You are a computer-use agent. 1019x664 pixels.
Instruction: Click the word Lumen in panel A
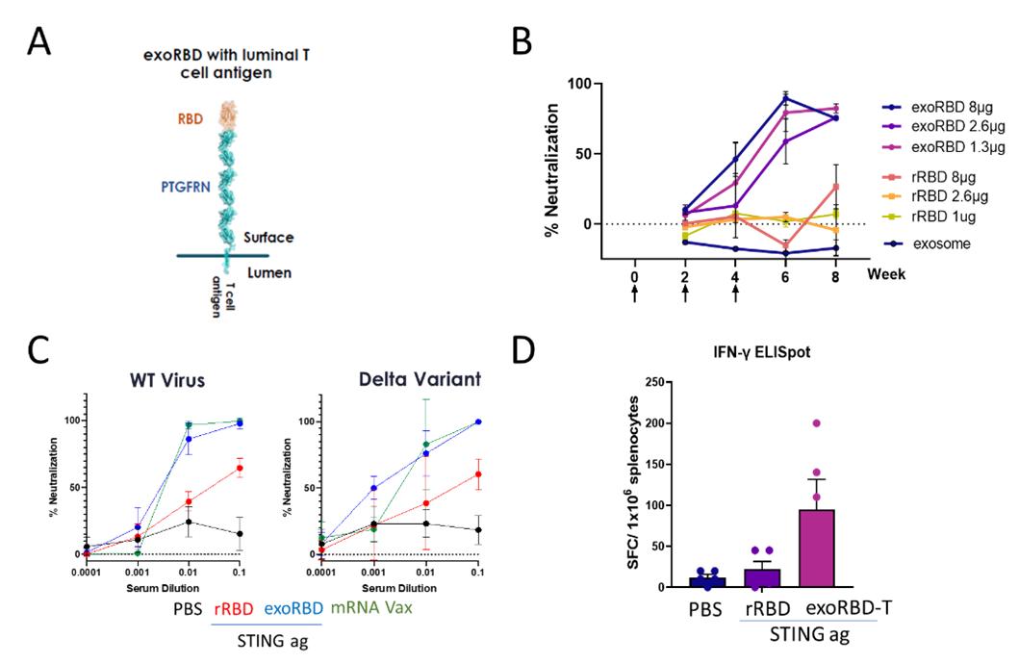coord(269,273)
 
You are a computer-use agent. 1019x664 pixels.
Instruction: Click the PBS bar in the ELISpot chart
coord(706,582)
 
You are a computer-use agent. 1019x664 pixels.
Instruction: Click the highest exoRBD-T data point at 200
coord(815,423)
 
